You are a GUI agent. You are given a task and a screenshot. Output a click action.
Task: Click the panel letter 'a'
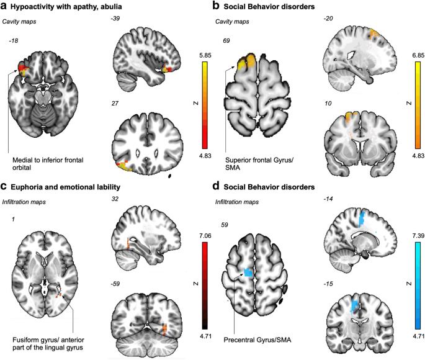click(x=4, y=6)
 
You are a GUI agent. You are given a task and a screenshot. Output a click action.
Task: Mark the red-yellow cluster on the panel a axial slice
click(x=24, y=68)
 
